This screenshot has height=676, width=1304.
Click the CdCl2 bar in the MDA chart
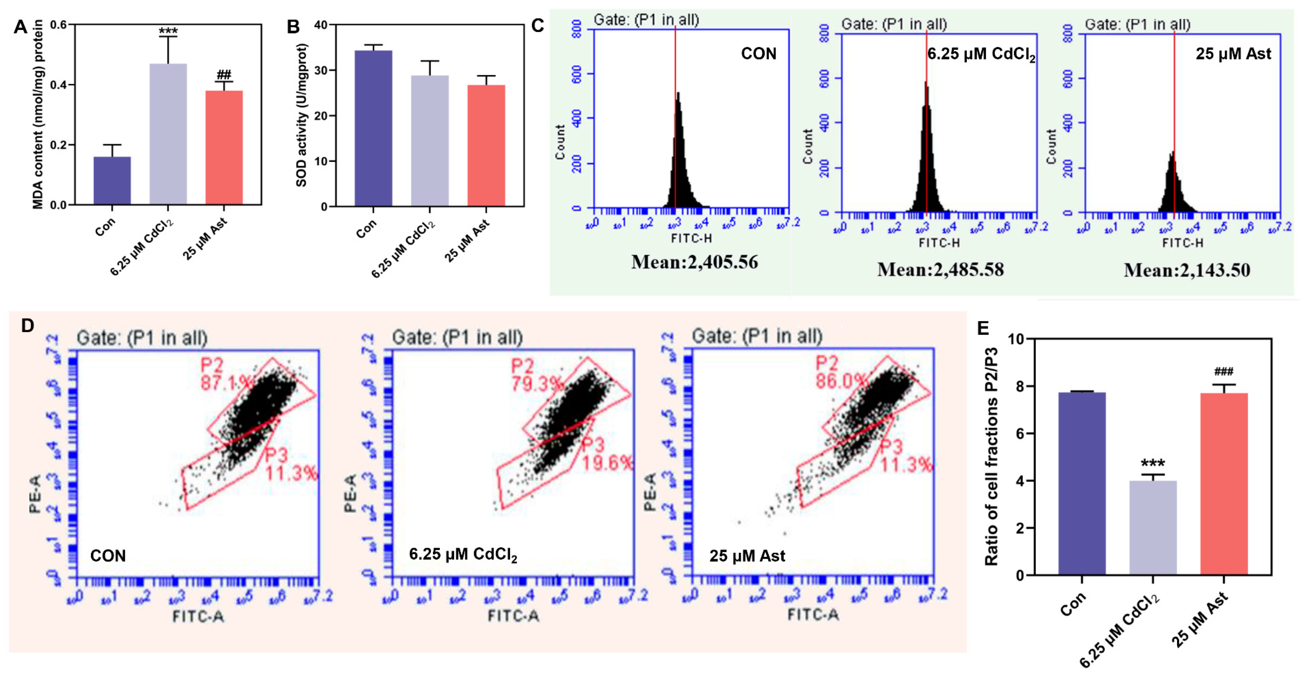[168, 134]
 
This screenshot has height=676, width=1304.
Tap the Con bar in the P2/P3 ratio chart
[1081, 483]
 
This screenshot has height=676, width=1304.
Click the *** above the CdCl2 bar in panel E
[1153, 463]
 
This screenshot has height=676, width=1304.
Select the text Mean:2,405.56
[694, 262]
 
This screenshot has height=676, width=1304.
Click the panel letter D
[27, 326]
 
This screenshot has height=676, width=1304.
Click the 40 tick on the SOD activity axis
[320, 24]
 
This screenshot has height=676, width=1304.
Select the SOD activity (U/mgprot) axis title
[302, 115]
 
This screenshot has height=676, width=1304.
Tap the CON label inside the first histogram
[758, 54]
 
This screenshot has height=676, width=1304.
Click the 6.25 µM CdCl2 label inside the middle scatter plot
[463, 555]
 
